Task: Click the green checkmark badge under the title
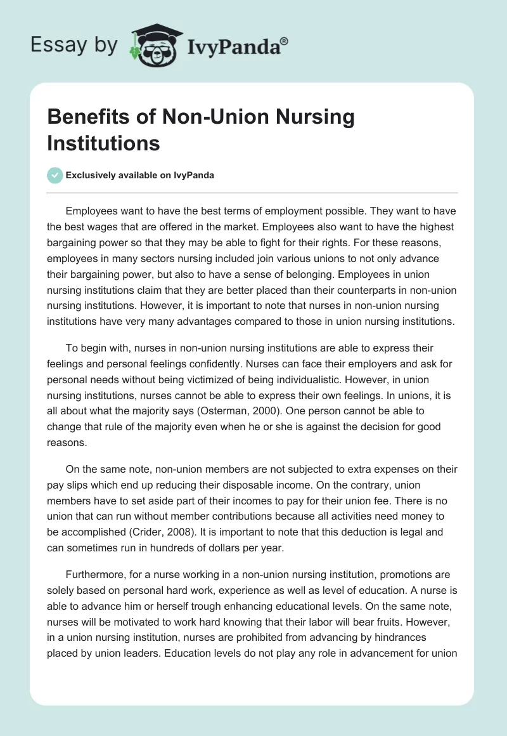(55, 175)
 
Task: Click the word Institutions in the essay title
(104, 143)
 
